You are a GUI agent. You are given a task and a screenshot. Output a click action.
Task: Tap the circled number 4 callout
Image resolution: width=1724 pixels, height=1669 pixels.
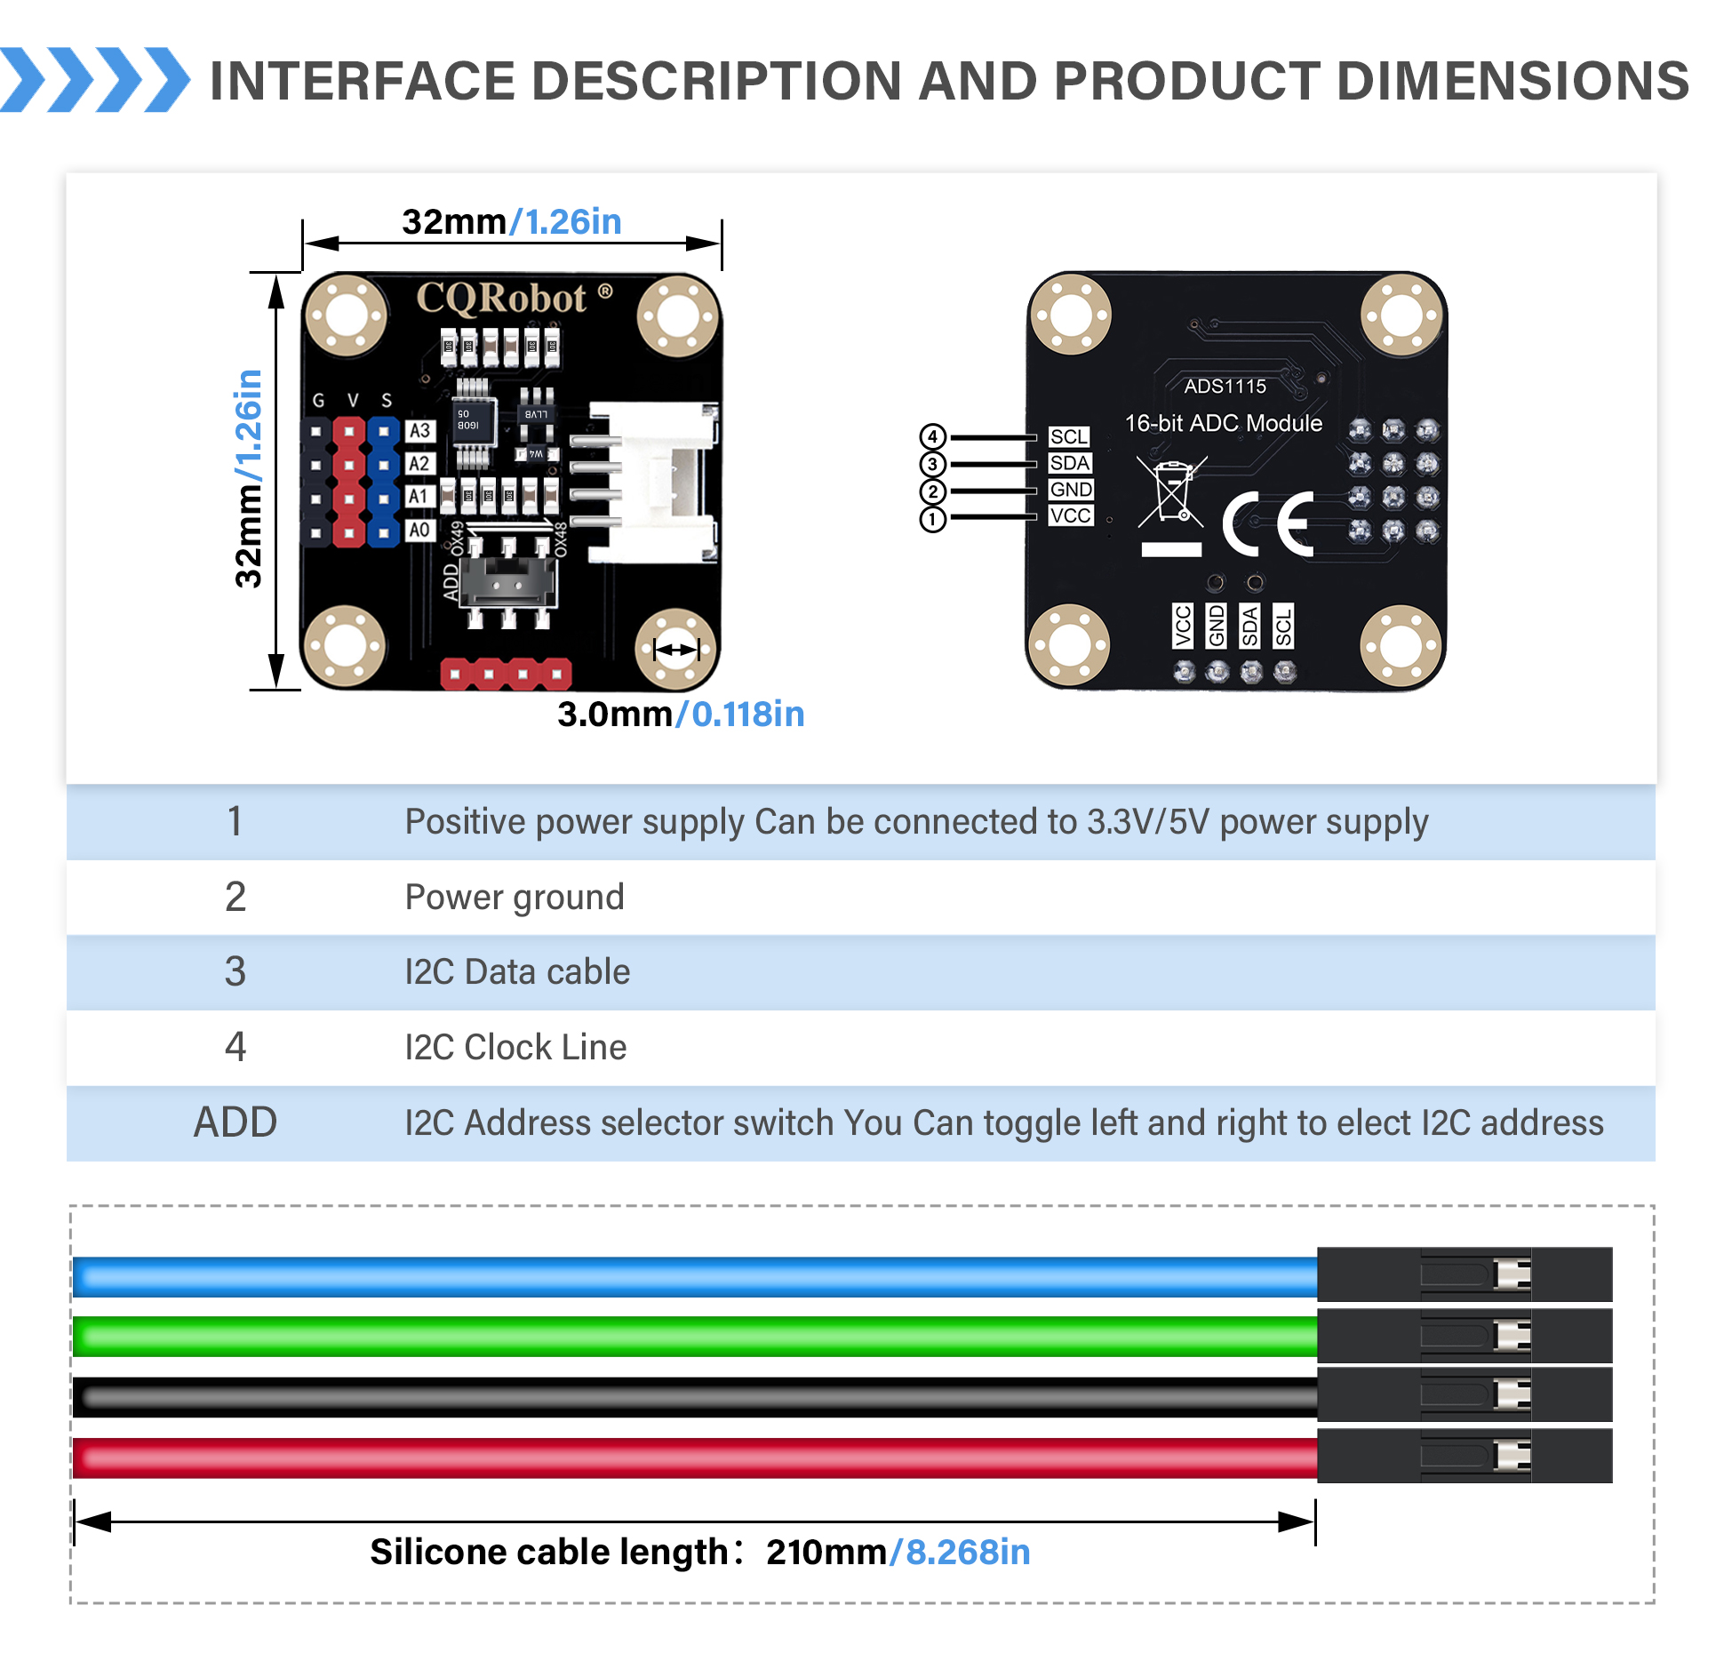tap(932, 436)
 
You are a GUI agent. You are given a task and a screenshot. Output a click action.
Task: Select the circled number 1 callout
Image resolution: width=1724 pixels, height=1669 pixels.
tap(932, 519)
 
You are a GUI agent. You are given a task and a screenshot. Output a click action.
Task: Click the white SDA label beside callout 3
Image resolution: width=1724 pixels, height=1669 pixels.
tap(1069, 463)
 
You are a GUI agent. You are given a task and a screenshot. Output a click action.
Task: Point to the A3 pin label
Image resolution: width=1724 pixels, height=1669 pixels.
tap(419, 431)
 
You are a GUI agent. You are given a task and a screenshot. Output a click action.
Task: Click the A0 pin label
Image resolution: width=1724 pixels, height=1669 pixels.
tap(419, 531)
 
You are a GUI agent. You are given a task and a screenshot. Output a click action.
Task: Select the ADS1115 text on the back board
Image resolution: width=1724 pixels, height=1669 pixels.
tap(1225, 387)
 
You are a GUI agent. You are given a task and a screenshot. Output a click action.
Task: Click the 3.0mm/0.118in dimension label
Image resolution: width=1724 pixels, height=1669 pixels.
tap(680, 715)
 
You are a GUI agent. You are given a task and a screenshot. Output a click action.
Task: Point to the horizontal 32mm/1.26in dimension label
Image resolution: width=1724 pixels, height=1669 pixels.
tap(511, 222)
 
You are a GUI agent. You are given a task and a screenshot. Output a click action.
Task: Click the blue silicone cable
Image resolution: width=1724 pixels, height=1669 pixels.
tap(693, 1277)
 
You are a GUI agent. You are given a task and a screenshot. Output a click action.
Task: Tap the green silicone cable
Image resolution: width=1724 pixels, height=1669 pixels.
tap(693, 1337)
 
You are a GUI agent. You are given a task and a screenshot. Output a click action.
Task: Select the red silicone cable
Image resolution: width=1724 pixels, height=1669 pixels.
tap(693, 1457)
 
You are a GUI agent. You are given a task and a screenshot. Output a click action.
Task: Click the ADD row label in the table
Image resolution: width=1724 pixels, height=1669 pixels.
tap(235, 1122)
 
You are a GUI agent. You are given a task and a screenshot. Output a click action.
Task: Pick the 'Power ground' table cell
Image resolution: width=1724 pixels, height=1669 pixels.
tap(515, 898)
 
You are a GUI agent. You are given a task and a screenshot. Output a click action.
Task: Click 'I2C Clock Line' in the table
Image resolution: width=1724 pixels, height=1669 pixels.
tap(515, 1048)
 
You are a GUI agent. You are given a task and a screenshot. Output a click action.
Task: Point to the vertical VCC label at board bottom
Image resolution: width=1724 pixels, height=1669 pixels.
tap(1183, 626)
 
